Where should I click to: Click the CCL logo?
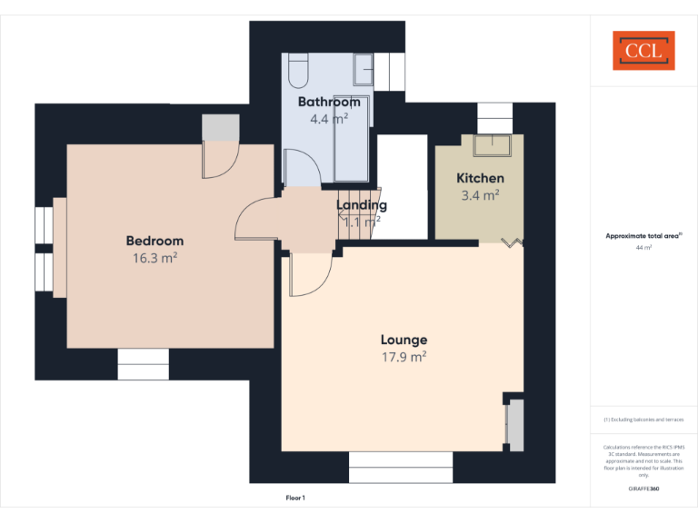[x=643, y=51]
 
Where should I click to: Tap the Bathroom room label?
[x=329, y=102]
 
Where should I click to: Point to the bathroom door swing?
[x=302, y=169]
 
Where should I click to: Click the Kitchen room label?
[x=480, y=178]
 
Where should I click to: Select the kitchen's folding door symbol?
[x=514, y=242]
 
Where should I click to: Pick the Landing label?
[x=362, y=205]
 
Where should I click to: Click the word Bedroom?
[x=155, y=241]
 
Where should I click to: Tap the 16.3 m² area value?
[x=155, y=257]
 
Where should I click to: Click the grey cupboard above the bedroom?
[x=220, y=128]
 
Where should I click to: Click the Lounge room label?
[x=404, y=340]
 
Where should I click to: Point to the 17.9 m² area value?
[x=404, y=357]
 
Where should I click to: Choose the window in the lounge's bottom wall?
[x=401, y=467]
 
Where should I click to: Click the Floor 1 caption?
[x=295, y=498]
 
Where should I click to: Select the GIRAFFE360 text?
[x=643, y=489]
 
